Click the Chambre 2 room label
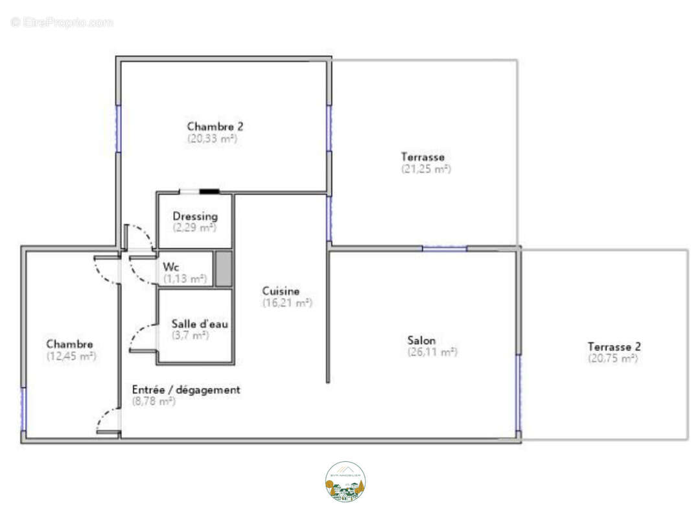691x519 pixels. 215,127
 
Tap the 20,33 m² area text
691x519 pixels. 213,138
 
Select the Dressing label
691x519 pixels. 195,216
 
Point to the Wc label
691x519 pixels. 171,267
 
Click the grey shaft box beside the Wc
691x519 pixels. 223,269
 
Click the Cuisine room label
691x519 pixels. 281,291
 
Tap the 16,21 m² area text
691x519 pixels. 287,302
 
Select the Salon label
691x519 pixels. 421,340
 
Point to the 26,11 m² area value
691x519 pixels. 432,352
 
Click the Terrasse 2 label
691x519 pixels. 614,346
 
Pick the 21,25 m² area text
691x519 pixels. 426,169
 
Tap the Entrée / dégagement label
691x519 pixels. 186,389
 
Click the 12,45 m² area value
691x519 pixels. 71,356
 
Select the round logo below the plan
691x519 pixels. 345,481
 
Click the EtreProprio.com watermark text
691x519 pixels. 62,22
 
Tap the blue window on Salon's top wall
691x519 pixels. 444,248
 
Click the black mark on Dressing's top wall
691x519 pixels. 209,191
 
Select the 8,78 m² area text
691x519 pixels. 154,402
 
